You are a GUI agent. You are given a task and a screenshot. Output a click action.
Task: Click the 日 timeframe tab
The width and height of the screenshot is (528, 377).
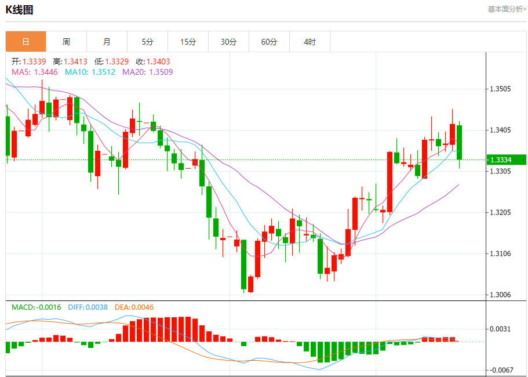[x=26, y=42]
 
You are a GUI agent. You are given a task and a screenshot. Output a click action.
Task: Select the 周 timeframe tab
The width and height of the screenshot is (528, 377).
[x=66, y=42]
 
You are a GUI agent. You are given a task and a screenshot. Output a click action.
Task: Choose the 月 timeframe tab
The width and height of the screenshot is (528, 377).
[x=107, y=42]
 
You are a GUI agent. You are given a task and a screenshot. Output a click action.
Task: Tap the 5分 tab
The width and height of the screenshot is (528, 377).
[x=147, y=42]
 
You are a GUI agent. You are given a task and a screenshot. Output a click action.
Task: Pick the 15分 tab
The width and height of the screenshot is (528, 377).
[x=188, y=42]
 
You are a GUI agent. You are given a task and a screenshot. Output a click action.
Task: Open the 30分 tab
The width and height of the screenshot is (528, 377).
[x=228, y=42]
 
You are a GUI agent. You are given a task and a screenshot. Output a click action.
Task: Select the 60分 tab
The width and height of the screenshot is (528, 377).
[x=269, y=42]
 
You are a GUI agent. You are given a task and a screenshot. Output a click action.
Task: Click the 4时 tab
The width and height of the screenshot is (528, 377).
[x=309, y=42]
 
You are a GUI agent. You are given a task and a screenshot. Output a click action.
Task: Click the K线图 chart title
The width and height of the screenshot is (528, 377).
[x=19, y=10]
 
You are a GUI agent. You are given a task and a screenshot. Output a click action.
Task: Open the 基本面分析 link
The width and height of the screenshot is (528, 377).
[x=507, y=9]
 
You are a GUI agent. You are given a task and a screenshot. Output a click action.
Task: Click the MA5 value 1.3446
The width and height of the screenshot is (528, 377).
[x=46, y=72]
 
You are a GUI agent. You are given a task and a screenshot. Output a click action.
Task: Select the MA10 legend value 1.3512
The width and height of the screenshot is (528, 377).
[x=103, y=72]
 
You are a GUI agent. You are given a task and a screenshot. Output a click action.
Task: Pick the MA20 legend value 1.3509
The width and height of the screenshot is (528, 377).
[x=161, y=72]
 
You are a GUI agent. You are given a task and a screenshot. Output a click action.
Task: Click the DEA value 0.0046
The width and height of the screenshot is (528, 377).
[x=142, y=307]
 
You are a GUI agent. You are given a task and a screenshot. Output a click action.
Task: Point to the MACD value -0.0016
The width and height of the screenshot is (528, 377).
[x=49, y=307]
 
